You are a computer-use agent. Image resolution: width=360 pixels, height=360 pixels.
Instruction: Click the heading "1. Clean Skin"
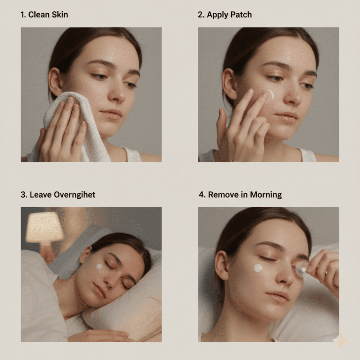pos(44,15)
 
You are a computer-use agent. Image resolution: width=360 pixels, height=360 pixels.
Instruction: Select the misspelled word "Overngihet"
pos(73,194)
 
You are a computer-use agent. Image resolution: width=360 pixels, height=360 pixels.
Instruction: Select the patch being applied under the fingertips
pos(270,94)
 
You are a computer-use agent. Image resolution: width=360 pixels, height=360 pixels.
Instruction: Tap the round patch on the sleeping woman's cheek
pos(99,266)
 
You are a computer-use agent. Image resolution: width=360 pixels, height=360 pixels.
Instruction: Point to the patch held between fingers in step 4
pos(300,269)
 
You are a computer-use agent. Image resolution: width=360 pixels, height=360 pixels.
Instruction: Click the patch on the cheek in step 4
pos(258,268)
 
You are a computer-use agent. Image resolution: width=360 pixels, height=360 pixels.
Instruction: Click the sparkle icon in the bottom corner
pos(340,341)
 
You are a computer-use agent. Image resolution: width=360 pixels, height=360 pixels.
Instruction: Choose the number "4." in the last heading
pos(202,194)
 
